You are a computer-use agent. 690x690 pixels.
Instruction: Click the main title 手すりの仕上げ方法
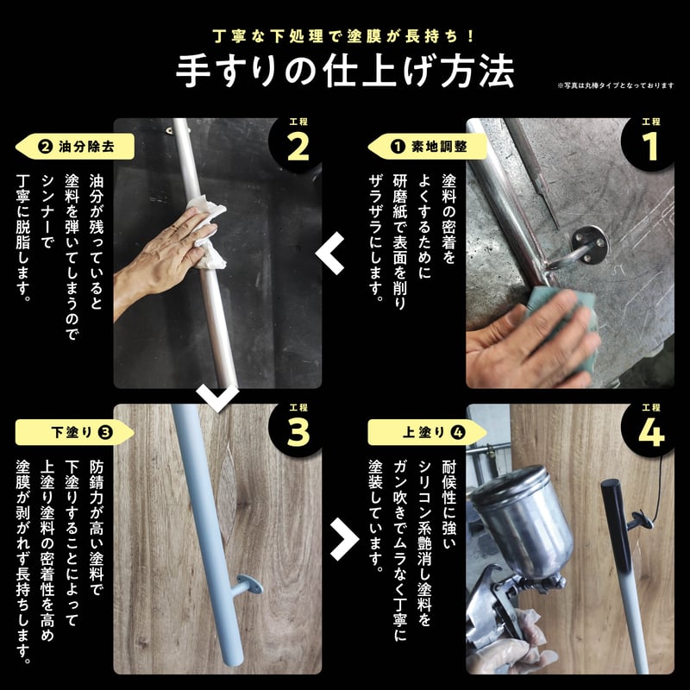pyautogui.click(x=345, y=71)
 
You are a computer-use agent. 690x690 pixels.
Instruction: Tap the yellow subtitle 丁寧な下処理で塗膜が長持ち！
pyautogui.click(x=343, y=36)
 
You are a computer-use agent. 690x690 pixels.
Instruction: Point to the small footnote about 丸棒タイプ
pyautogui.click(x=615, y=85)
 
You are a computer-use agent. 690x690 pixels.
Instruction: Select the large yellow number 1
pyautogui.click(x=650, y=147)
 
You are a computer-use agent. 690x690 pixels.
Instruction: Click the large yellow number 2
pyautogui.click(x=298, y=147)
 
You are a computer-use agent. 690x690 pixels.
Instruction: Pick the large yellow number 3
pyautogui.click(x=298, y=432)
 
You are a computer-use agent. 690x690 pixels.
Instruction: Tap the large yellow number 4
pyautogui.click(x=651, y=432)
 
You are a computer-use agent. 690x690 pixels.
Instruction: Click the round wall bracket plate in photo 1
pyautogui.click(x=590, y=245)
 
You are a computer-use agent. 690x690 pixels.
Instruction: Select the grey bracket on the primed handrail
pyautogui.click(x=248, y=586)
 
